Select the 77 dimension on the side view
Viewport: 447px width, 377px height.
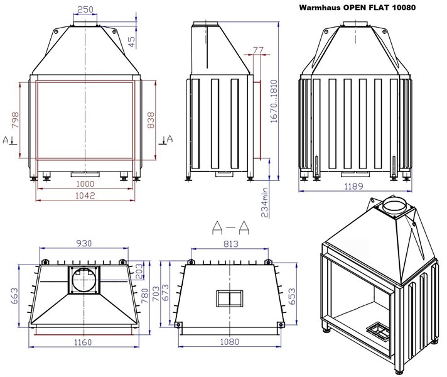(258, 50)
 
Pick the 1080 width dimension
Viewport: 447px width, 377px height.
(229, 342)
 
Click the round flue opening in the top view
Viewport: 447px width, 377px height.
(84, 280)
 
